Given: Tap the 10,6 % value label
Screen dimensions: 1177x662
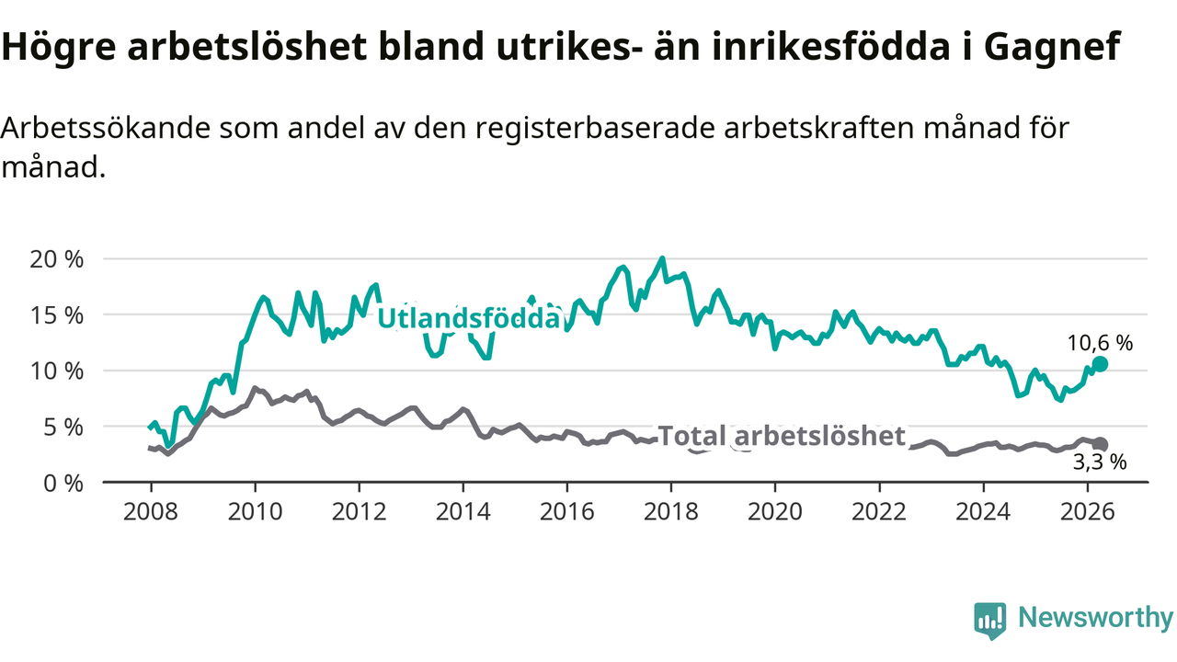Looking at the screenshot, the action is pos(1100,344).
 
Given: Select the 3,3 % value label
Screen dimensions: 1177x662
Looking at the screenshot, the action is pos(1099,462).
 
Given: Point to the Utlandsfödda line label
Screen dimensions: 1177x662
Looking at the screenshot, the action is pos(469,318).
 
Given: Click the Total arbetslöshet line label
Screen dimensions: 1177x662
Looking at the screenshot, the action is pos(782,436).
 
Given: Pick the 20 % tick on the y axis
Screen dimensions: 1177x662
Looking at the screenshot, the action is pos(57,259).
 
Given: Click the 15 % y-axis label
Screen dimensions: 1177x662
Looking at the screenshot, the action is pos(57,315).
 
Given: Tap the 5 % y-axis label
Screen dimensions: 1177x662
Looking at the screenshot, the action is pos(63,428).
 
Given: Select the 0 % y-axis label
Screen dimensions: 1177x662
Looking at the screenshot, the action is pos(63,484).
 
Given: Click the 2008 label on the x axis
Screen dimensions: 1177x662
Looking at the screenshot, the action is pos(151,512).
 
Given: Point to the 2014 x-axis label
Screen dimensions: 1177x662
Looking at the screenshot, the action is pos(463,512).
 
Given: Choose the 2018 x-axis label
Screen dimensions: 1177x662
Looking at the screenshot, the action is pos(671,512).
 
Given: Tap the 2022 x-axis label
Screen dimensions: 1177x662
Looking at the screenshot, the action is pos(879,512).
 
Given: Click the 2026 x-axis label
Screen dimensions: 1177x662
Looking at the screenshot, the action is pos(1087,512).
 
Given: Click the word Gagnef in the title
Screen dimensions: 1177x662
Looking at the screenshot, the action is pos(1052,47).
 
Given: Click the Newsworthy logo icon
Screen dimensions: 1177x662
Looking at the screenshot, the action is pos(990,621).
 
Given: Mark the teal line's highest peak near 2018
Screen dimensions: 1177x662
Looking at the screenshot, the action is pos(662,258).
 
